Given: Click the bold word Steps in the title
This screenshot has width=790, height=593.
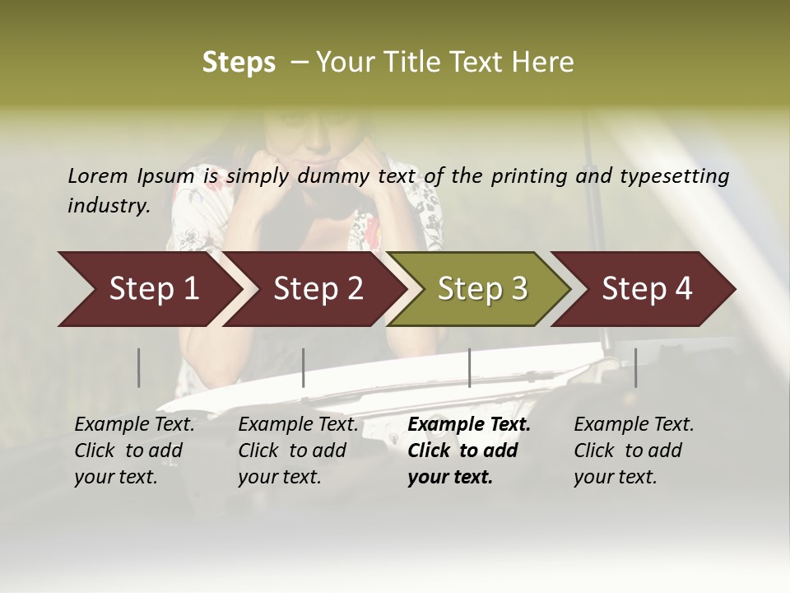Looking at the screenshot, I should [x=239, y=63].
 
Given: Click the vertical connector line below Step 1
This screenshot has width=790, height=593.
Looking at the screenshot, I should [x=139, y=367].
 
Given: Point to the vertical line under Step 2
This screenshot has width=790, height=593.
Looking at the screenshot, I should [x=304, y=367].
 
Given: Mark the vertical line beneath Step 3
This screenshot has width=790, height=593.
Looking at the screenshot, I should [x=469, y=367].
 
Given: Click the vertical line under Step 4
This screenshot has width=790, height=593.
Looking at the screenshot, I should [x=635, y=367].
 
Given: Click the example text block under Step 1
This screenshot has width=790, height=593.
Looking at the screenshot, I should [x=134, y=451].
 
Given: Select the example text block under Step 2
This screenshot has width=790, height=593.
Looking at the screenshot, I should [x=298, y=451].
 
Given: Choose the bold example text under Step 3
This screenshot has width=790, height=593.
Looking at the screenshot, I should [x=469, y=451].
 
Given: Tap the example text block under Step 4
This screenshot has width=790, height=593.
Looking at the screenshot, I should [x=634, y=451].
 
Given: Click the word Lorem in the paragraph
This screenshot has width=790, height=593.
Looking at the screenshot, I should [x=97, y=176].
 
